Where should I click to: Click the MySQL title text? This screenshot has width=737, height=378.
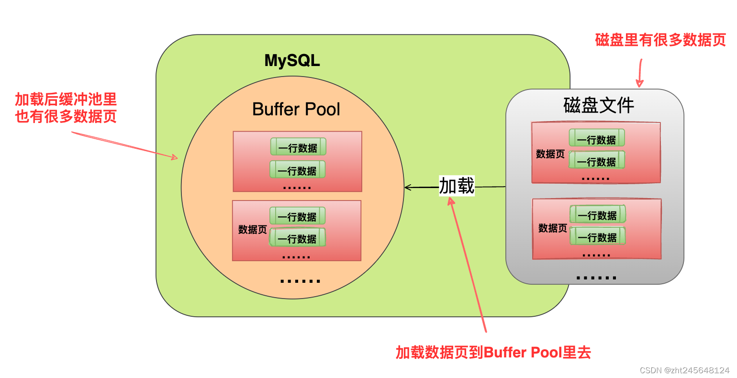(x=292, y=61)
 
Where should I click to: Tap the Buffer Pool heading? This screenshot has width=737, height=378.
(x=296, y=109)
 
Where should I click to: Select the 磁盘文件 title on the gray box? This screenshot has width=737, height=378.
(x=598, y=105)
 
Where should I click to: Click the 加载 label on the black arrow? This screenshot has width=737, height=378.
(x=457, y=186)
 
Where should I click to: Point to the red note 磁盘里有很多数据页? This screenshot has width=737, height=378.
(x=660, y=40)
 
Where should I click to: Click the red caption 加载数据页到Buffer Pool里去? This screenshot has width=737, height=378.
(x=493, y=353)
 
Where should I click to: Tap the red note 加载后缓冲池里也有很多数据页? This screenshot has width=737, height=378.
(x=66, y=108)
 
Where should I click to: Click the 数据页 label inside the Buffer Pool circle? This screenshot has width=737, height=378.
(x=252, y=230)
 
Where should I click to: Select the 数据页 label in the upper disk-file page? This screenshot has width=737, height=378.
(x=550, y=154)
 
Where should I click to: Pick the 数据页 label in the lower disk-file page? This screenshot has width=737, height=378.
(x=552, y=228)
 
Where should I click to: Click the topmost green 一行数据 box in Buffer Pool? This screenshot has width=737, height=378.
(x=298, y=147)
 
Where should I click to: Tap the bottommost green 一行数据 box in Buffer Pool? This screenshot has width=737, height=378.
(x=297, y=238)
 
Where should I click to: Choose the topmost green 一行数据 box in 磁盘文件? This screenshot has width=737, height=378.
(x=596, y=138)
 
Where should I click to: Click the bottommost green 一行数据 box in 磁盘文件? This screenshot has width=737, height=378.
(x=597, y=236)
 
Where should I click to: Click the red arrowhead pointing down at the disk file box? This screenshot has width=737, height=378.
(x=639, y=83)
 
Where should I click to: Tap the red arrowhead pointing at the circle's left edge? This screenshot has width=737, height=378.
(x=174, y=156)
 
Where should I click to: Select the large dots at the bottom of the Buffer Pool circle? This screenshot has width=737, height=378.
(x=300, y=281)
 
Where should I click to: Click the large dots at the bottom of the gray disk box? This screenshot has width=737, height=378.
(x=596, y=278)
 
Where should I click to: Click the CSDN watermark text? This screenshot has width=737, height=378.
(x=684, y=370)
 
